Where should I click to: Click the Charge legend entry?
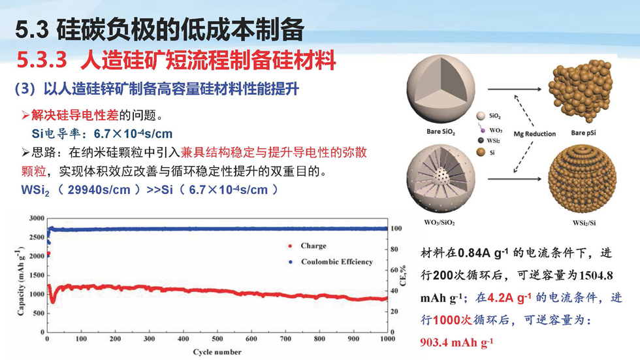click(x=308, y=246)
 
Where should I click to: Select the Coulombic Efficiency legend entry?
click(x=330, y=261)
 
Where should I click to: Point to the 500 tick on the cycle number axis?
click(x=217, y=339)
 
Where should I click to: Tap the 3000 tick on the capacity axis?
click(x=37, y=218)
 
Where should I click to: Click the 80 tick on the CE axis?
click(x=394, y=249)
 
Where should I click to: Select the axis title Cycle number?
click(x=217, y=352)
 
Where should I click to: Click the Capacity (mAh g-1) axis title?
click(x=20, y=281)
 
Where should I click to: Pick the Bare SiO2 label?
click(x=441, y=132)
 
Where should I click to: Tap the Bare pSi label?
click(x=583, y=133)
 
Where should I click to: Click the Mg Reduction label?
click(x=535, y=133)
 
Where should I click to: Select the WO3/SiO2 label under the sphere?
click(x=439, y=222)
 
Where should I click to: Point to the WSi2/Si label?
click(x=584, y=223)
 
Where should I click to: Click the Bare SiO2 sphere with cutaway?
click(x=441, y=89)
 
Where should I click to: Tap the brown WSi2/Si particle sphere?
click(x=582, y=179)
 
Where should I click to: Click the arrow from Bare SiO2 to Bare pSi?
click(x=515, y=89)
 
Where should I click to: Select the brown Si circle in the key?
click(x=481, y=152)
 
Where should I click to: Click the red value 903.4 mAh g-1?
click(x=456, y=342)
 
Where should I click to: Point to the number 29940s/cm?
click(x=99, y=189)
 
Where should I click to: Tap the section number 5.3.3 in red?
click(x=42, y=60)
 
